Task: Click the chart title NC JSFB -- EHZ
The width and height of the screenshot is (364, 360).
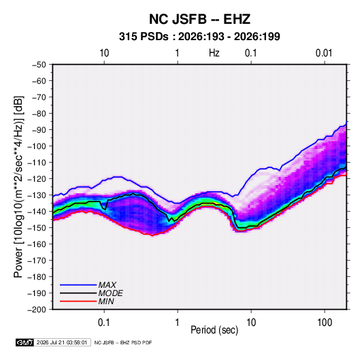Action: pyautogui.click(x=199, y=19)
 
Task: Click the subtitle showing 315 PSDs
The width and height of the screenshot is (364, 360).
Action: pyautogui.click(x=199, y=37)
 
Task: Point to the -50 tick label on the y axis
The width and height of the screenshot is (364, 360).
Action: pyautogui.click(x=39, y=65)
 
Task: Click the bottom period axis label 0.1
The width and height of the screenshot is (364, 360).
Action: pyautogui.click(x=104, y=323)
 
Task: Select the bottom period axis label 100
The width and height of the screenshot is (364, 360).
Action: pyautogui.click(x=325, y=323)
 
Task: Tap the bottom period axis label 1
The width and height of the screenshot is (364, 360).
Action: pyautogui.click(x=178, y=323)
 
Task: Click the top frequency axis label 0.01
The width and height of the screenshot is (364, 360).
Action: pyautogui.click(x=324, y=53)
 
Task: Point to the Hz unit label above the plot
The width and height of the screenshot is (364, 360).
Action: pyautogui.click(x=214, y=53)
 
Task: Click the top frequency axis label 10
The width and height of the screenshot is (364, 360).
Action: pyautogui.click(x=104, y=53)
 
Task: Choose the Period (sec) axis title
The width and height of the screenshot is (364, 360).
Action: pyautogui.click(x=214, y=330)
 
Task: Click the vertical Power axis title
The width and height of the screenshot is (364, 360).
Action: pyautogui.click(x=18, y=186)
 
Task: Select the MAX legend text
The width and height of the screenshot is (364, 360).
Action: pyautogui.click(x=107, y=284)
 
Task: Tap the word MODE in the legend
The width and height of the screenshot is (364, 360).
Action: pyautogui.click(x=110, y=293)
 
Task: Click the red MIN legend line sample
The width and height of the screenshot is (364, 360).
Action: pyautogui.click(x=78, y=301)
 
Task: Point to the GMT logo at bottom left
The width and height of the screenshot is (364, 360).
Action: pyautogui.click(x=25, y=342)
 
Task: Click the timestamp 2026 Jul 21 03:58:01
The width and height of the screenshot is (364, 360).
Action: pyautogui.click(x=62, y=342)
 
